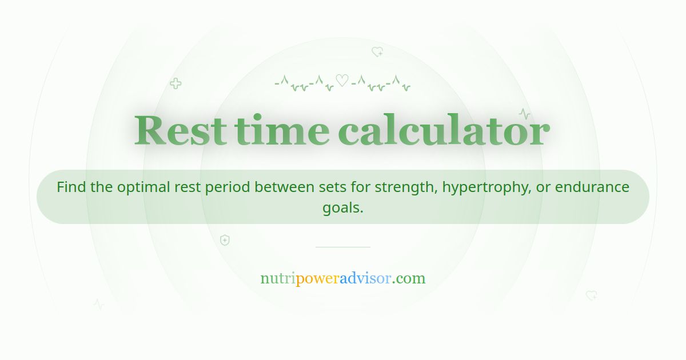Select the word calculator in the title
(444, 131)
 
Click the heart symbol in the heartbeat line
(342, 81)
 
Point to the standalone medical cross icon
(176, 83)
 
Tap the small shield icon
(225, 240)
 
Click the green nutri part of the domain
(278, 279)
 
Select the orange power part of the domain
(318, 279)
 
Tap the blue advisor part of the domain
(365, 279)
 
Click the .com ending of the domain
(409, 279)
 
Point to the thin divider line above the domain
(343, 247)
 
